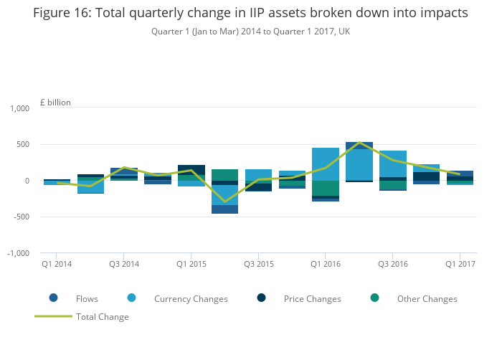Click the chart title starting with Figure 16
point(250,13)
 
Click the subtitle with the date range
point(250,32)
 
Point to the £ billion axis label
point(55,103)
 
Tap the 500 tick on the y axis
point(22,145)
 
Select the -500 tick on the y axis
point(19,217)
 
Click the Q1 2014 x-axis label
point(57,265)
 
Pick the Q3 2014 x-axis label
point(124,265)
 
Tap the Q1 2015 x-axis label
point(191,265)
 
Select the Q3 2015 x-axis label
point(259,265)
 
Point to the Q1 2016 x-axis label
point(326,265)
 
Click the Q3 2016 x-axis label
point(393,265)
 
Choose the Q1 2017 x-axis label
point(460,265)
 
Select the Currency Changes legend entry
point(191,298)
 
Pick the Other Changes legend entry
point(427,298)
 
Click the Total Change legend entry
point(103,316)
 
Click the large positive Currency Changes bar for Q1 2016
point(326,164)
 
